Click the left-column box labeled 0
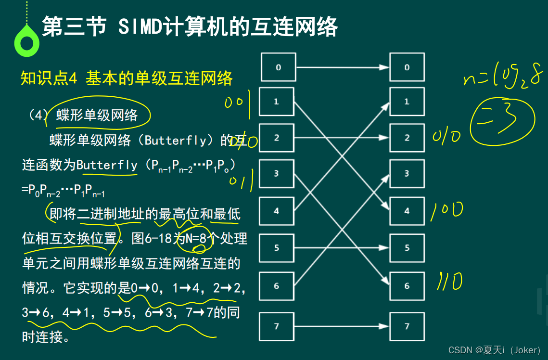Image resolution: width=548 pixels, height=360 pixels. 278,67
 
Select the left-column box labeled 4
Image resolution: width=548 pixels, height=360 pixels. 276,211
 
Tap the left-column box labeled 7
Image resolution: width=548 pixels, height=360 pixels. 276,326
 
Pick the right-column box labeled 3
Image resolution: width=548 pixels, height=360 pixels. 407,174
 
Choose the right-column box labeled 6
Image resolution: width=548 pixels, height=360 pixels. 407,286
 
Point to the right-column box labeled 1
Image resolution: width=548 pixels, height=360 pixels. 407,102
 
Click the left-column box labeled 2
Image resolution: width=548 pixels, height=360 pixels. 276,138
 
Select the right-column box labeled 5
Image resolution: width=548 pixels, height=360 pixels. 407,248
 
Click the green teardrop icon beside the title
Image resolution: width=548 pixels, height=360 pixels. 26,42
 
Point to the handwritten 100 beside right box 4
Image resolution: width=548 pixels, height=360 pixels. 446,211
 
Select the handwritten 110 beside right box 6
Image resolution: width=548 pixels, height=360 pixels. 449,282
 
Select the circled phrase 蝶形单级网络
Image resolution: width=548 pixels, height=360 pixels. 97,115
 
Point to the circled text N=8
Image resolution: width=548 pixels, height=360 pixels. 194,239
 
